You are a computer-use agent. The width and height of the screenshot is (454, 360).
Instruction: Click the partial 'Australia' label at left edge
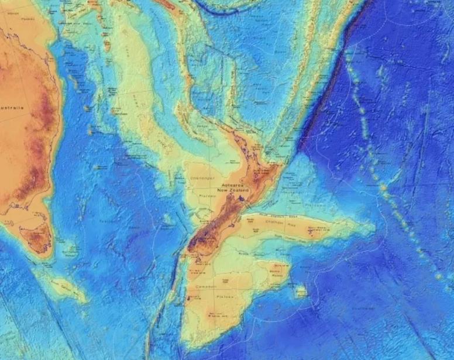tap(12, 108)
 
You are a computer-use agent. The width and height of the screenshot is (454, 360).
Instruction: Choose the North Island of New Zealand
tap(257, 170)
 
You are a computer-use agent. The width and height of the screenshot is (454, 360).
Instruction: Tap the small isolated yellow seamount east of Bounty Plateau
tap(301, 291)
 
